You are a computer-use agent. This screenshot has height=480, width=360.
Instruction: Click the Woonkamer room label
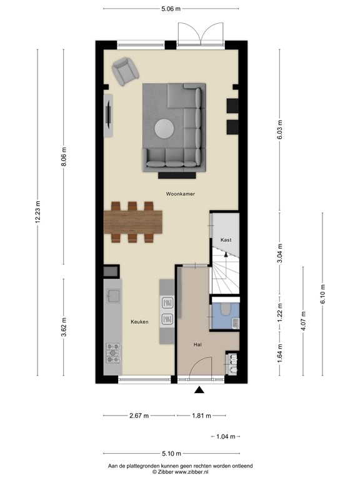tap(180, 194)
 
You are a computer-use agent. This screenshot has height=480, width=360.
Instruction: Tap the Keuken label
tap(139, 322)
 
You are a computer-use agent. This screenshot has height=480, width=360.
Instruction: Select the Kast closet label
tap(226, 240)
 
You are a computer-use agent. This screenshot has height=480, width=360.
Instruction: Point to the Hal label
tap(198, 344)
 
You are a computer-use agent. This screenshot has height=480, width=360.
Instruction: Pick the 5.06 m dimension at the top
tap(170, 9)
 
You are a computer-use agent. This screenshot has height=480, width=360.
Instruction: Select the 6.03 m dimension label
tap(280, 129)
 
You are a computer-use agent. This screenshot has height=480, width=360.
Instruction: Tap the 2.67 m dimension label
tap(139, 415)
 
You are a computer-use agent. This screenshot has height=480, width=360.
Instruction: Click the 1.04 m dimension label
tap(226, 436)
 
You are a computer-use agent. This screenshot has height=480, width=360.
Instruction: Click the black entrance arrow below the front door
tap(199, 391)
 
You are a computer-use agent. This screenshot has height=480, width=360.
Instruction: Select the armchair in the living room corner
tap(127, 71)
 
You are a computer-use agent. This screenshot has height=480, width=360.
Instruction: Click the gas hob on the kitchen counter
tap(113, 352)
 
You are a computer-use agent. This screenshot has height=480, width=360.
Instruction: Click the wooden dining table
tap(133, 221)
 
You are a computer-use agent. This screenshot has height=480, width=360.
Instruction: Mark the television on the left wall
tap(109, 115)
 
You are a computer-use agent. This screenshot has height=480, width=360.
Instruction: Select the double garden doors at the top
tap(199, 32)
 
